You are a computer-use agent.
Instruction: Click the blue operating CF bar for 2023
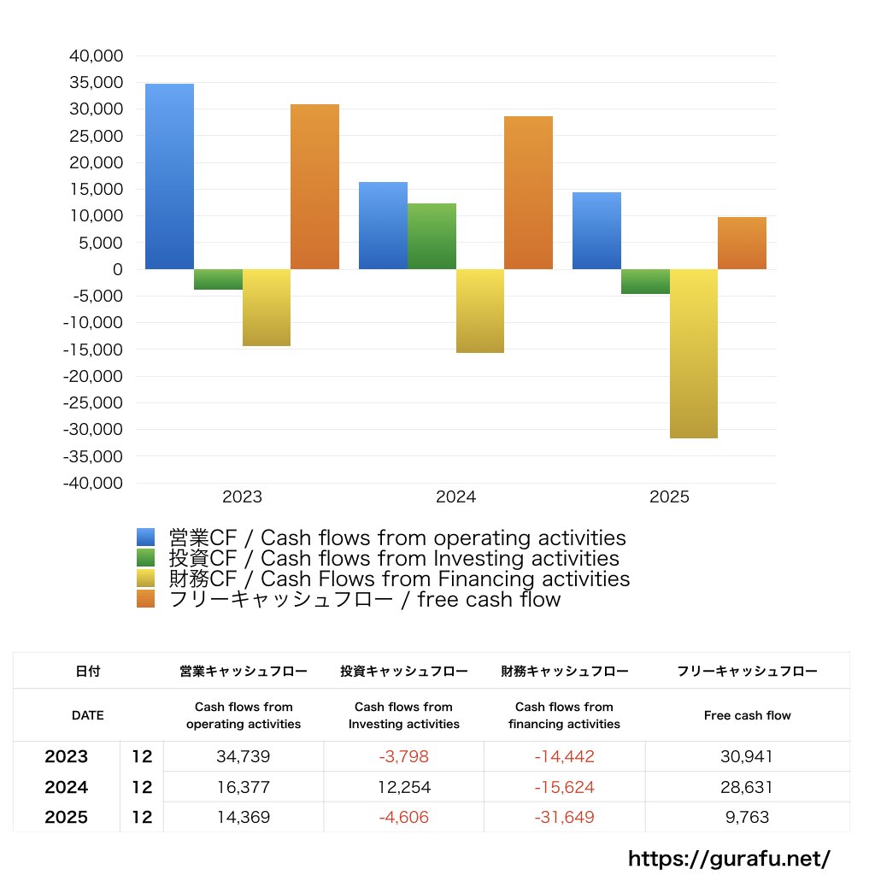[x=169, y=176]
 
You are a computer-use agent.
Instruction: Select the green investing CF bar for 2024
[x=432, y=237]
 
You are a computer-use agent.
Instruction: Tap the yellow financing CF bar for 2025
[x=693, y=354]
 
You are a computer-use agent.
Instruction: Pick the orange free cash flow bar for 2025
[x=742, y=244]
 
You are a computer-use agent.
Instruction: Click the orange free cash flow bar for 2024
[x=528, y=193]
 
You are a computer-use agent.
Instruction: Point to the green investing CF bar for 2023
[x=218, y=279]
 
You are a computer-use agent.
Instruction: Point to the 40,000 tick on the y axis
[x=96, y=56]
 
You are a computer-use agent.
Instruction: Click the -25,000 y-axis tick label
[x=92, y=402]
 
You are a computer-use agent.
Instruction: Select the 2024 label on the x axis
[x=455, y=496]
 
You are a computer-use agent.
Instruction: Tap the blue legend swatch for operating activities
[x=146, y=537]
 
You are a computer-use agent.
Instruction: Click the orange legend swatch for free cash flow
[x=146, y=600]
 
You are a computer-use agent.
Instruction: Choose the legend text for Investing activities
[x=394, y=559]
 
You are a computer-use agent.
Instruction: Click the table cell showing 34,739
[x=244, y=757]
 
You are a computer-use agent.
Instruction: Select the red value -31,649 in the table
[x=564, y=818]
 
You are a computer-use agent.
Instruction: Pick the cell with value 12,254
[x=404, y=787]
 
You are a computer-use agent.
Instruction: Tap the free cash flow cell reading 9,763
[x=747, y=818]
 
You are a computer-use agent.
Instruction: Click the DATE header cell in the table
[x=87, y=715]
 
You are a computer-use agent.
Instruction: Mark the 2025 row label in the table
[x=67, y=818]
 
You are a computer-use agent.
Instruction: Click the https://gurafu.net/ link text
[x=729, y=858]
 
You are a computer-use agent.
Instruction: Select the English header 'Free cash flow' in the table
[x=747, y=715]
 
